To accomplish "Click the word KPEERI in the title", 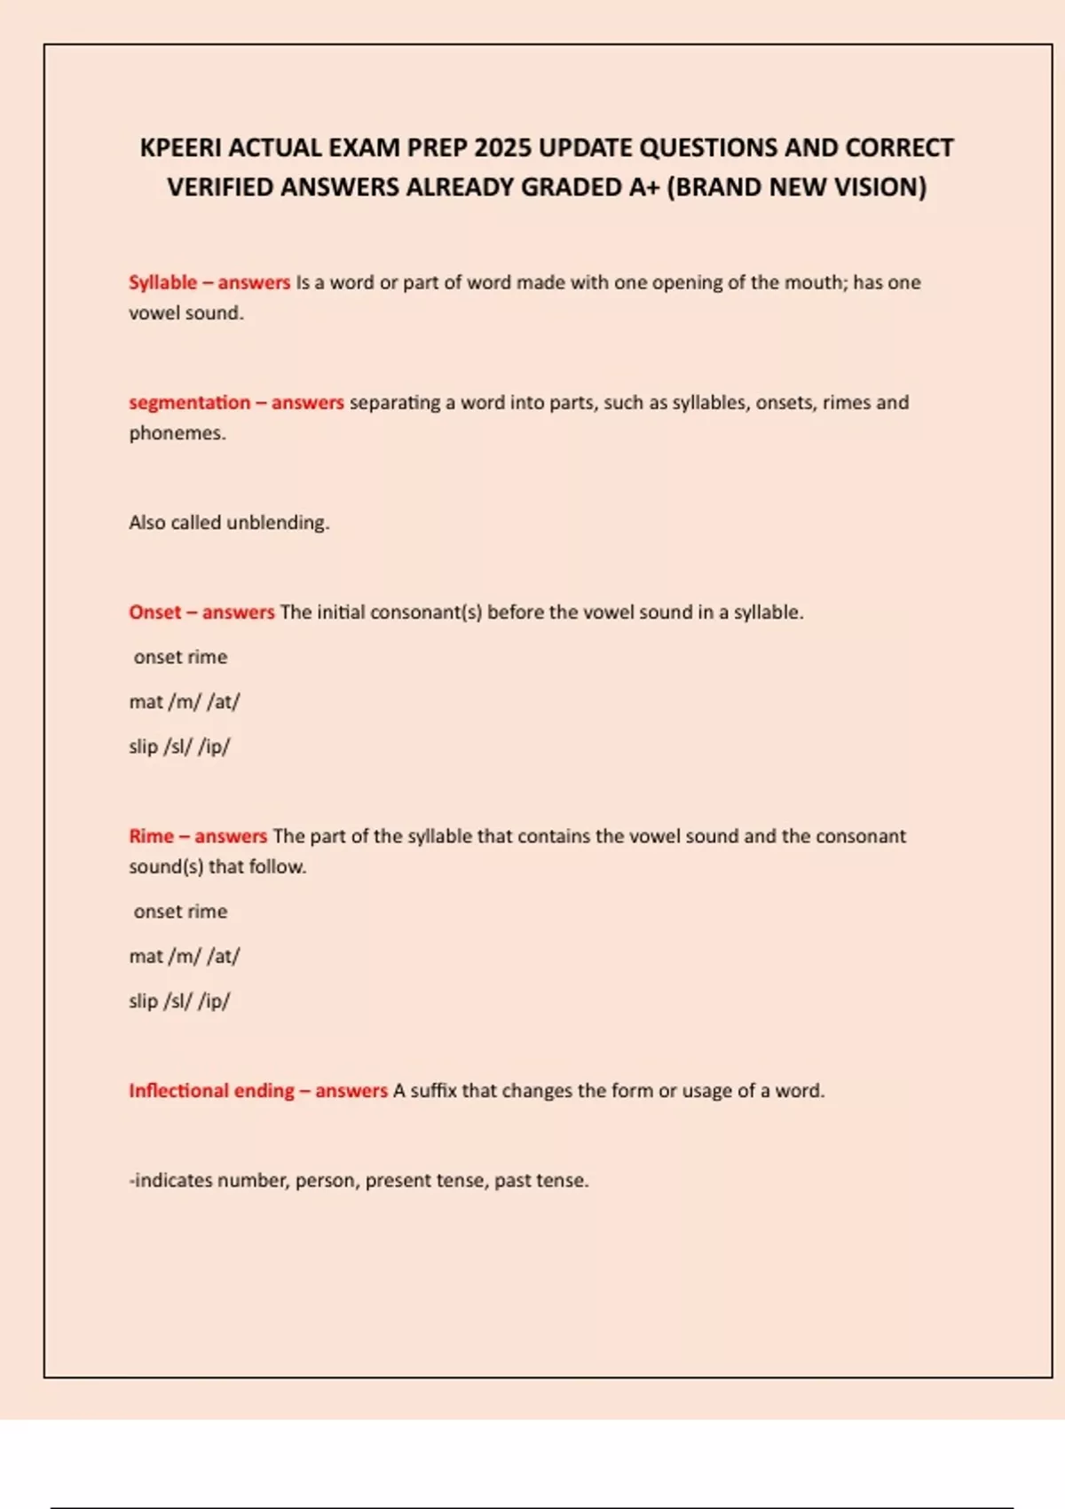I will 180,147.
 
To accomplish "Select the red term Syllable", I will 162,282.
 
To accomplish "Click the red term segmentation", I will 189,402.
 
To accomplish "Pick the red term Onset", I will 154,612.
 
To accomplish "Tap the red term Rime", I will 151,835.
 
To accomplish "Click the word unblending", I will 278,522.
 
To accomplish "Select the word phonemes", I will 177,433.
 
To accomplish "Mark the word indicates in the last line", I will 172,1180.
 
